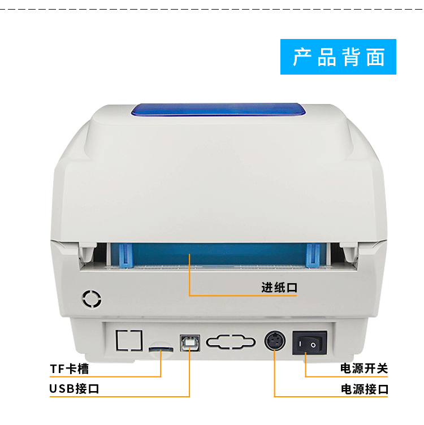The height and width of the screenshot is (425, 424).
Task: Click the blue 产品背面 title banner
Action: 338,57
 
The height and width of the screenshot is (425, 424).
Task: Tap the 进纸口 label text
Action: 279,287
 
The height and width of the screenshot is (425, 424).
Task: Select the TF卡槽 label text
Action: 70,369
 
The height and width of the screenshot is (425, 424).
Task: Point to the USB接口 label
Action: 74,389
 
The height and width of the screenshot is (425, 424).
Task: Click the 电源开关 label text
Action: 364,369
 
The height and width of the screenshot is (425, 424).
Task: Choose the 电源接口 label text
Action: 364,389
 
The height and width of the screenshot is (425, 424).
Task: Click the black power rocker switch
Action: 309,342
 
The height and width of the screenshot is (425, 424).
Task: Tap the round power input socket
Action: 274,341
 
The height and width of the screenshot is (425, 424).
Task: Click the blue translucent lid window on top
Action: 217,111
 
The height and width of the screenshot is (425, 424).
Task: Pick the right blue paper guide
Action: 311,256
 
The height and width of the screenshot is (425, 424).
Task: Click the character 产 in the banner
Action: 301,57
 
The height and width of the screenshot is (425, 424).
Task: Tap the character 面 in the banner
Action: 375,57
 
